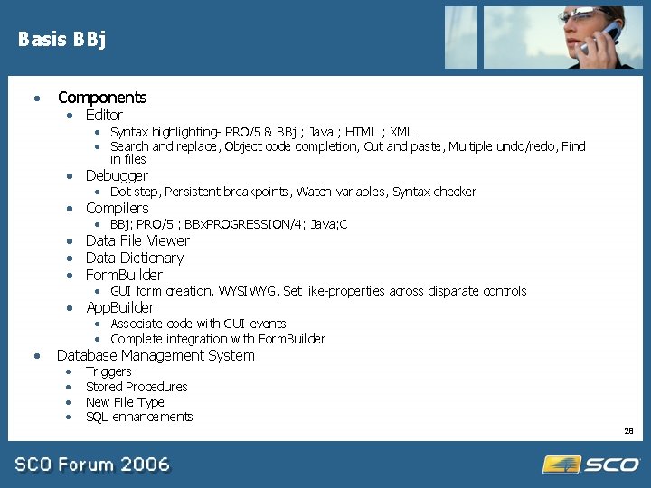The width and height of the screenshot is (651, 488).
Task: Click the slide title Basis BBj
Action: point(61,39)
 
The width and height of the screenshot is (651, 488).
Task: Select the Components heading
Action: point(101,98)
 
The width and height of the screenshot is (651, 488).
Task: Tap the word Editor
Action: point(104,115)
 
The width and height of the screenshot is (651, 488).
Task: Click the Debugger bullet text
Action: point(117,175)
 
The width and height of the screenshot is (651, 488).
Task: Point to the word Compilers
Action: point(117,208)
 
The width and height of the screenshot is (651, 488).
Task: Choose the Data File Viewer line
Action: point(137,240)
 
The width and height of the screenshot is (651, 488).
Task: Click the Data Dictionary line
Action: point(134,258)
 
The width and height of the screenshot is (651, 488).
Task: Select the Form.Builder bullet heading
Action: point(124,275)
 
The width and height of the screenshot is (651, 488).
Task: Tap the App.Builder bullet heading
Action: point(119,307)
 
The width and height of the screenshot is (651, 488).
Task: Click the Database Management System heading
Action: point(156,355)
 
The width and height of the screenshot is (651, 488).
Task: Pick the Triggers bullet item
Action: point(108,371)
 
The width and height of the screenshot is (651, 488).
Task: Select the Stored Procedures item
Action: point(137,387)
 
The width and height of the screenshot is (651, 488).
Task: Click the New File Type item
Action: point(125,402)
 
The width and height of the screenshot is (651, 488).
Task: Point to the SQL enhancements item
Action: point(139,417)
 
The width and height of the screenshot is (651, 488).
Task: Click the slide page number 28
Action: point(628,431)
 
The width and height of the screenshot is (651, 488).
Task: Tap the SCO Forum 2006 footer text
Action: point(91,465)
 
